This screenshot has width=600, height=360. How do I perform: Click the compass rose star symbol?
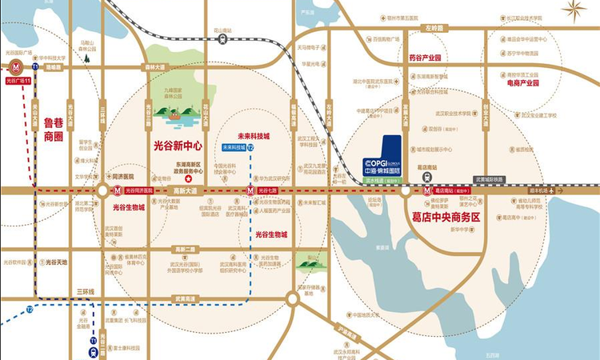pos(579,12)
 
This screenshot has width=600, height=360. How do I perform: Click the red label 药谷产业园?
pos(426,58)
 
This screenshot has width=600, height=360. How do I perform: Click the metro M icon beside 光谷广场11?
pos(14,69)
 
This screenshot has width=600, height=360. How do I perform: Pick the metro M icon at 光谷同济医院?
pos(103,191)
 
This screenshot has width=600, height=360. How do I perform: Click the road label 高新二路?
pos(186,249)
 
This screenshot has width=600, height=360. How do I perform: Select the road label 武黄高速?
pos(187,299)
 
